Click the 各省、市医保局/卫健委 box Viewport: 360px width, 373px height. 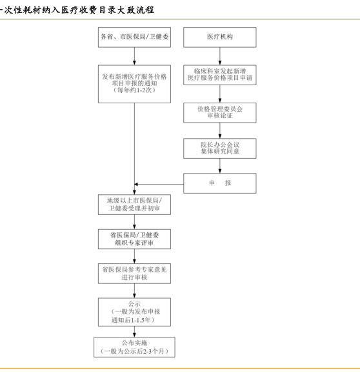[x=134, y=37]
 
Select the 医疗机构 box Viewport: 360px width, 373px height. [x=220, y=37]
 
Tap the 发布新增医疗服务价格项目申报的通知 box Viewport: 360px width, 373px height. [x=134, y=84]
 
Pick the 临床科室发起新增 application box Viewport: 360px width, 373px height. [x=220, y=75]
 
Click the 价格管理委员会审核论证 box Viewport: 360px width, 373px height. [x=220, y=113]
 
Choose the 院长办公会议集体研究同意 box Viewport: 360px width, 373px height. [x=220, y=148]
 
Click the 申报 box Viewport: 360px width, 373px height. [x=220, y=183]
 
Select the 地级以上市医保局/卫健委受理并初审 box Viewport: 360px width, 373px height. [x=134, y=205]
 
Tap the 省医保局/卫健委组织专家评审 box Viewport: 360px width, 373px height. [x=134, y=239]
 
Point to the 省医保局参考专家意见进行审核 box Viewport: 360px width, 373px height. [x=134, y=274]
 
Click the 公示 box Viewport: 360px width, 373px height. [x=134, y=312]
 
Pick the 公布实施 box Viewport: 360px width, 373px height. [x=134, y=347]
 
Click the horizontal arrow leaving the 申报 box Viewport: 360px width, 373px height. [x=159, y=184]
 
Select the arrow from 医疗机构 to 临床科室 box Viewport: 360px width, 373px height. [x=220, y=56]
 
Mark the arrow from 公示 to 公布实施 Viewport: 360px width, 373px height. [x=134, y=332]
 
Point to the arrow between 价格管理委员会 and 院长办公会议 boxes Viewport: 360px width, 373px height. [x=220, y=130]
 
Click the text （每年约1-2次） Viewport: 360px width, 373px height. [x=134, y=90]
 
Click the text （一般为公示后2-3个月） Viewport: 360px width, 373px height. [x=134, y=351]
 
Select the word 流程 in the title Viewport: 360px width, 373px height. [x=145, y=10]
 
